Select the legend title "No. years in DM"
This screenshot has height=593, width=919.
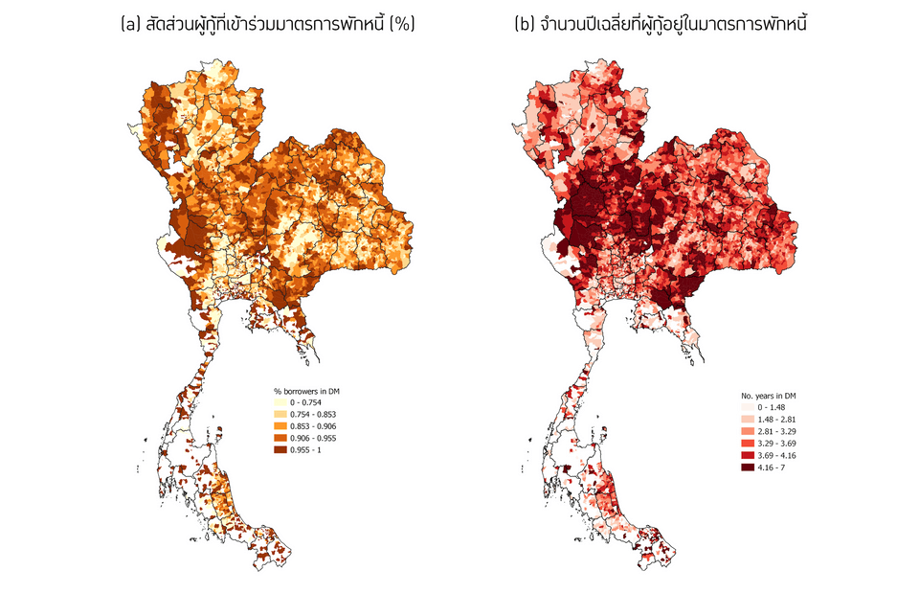771,395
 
